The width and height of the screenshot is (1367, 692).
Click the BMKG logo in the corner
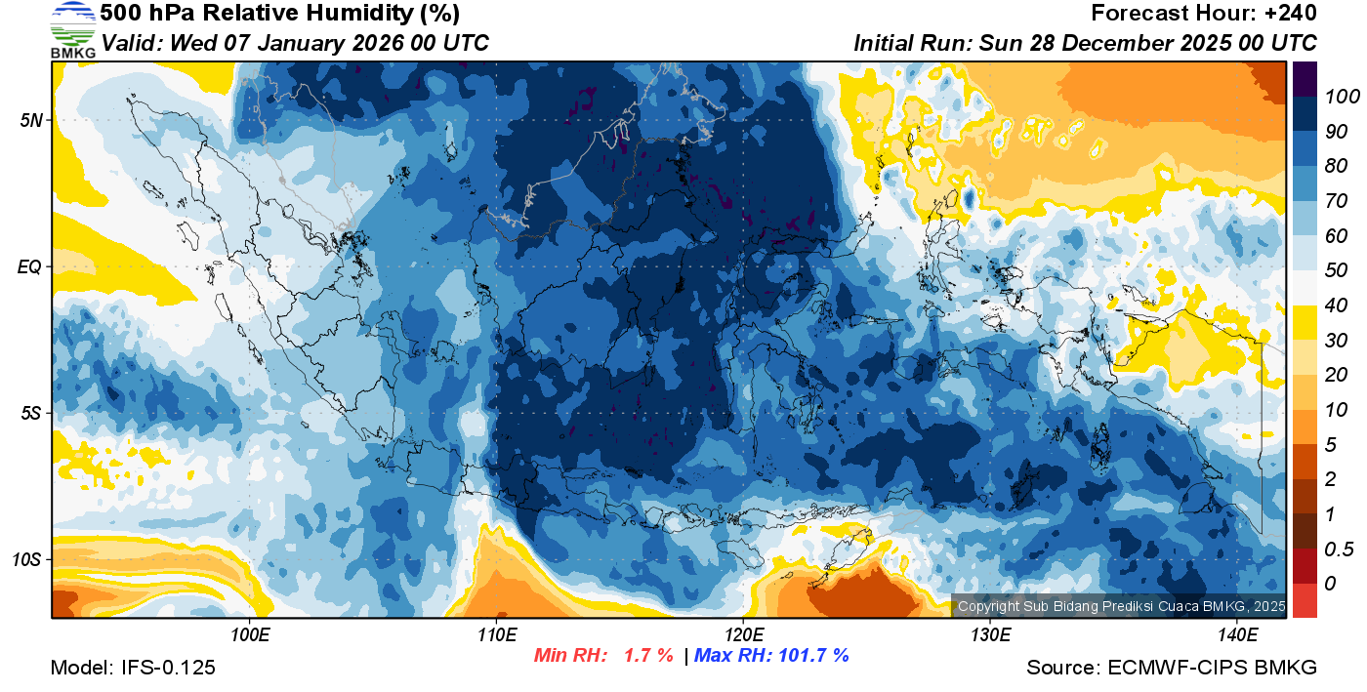tap(72, 29)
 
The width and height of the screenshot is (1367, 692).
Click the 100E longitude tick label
tap(250, 635)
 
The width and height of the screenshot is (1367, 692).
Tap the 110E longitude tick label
tap(496, 635)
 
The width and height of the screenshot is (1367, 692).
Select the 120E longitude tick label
tap(743, 635)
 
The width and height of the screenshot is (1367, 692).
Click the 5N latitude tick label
tap(31, 120)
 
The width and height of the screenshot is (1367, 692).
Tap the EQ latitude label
tap(30, 266)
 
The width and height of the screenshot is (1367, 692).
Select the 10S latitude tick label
tap(27, 560)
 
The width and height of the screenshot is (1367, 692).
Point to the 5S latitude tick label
tap(31, 414)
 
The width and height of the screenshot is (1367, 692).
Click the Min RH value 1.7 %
tap(647, 656)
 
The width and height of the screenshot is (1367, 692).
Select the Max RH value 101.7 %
tap(811, 656)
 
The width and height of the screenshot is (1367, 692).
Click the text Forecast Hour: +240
tap(1204, 14)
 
